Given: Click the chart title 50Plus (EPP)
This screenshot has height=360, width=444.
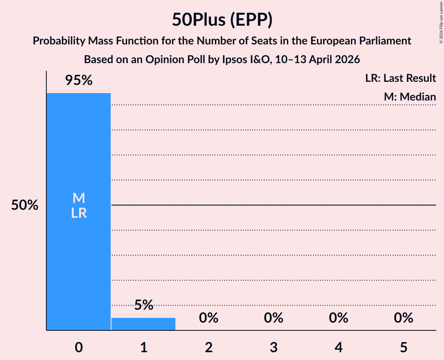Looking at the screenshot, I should tap(222, 20).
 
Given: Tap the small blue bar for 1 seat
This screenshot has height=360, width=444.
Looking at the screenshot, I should tap(143, 324).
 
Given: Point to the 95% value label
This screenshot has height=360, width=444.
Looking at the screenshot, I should tap(79, 80).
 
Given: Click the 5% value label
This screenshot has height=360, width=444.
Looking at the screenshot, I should tap(143, 305).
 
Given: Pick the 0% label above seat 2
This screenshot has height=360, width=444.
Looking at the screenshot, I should tap(209, 318).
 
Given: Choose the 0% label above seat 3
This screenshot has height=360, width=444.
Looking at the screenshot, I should tap(273, 318).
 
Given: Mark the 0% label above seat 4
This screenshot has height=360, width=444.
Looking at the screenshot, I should tap(338, 318).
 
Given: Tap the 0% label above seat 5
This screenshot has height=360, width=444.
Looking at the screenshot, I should tap(403, 318).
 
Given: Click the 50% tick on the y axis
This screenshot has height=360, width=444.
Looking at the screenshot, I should tap(25, 205).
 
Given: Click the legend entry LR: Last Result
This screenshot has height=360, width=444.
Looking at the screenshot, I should tap(400, 78).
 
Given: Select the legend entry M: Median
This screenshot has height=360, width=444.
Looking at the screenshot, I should tap(410, 97).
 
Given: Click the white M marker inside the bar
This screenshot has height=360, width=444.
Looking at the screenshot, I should tap(79, 198).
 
